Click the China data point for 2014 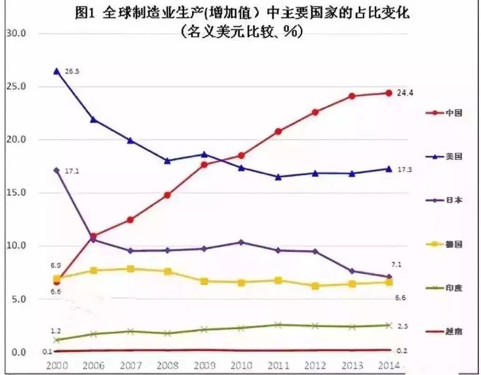[x=389, y=93]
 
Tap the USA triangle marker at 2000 [x=56, y=71]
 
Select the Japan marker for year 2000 [x=56, y=170]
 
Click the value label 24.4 [x=405, y=93]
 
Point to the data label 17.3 [x=405, y=170]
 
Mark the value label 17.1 [x=72, y=170]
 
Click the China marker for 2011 [x=278, y=131]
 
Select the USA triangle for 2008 [x=167, y=160]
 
